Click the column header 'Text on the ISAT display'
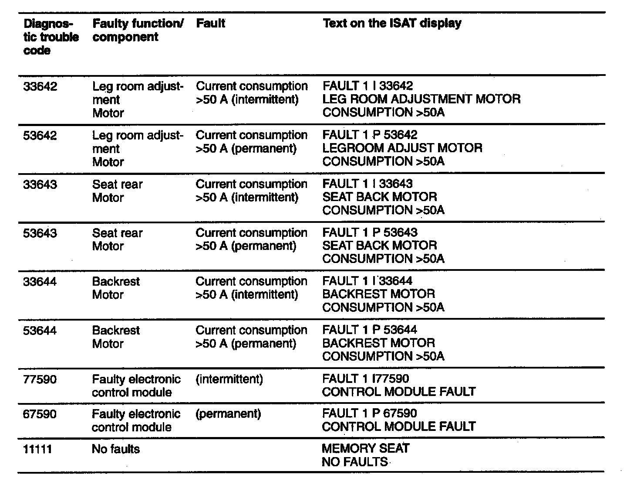[392, 23]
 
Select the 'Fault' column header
[210, 23]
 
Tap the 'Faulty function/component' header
[138, 30]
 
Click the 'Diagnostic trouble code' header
[51, 37]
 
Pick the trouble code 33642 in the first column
[40, 86]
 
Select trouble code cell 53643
[40, 233]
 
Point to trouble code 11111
[37, 449]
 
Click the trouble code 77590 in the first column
[40, 379]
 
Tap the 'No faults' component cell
[116, 449]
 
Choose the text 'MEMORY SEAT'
[365, 448]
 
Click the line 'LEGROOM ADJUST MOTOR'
[402, 148]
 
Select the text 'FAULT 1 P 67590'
[369, 413]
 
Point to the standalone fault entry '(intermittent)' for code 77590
[229, 379]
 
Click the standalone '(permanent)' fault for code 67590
[228, 413]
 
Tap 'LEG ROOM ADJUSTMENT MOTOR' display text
[421, 99]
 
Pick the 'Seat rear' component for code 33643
[117, 184]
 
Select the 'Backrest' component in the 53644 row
[116, 330]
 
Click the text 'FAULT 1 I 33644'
[367, 281]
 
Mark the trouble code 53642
[40, 135]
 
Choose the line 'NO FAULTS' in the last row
[354, 461]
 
